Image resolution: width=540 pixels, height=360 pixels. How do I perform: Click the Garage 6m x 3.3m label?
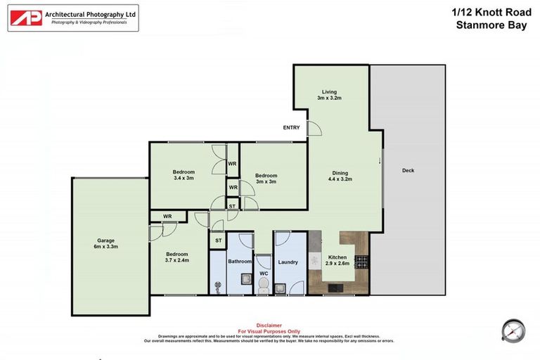click(105, 243)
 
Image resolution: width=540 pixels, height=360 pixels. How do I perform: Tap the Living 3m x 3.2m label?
click(329, 95)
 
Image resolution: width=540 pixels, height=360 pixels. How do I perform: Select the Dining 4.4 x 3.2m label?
click(340, 176)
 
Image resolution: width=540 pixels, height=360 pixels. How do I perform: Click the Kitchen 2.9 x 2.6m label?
click(338, 259)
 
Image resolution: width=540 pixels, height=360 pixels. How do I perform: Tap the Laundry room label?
click(288, 262)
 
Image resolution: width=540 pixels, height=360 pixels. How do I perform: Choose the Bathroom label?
click(240, 262)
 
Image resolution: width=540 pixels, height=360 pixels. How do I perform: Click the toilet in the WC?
click(264, 284)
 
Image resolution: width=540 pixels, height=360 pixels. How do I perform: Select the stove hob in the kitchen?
click(361, 262)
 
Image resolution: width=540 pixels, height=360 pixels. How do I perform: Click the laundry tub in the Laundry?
click(281, 287)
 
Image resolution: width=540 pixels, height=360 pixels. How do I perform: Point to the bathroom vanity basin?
click(247, 279)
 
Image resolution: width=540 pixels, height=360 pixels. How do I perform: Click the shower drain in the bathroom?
click(217, 286)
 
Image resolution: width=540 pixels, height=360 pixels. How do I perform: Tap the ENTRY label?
click(291, 128)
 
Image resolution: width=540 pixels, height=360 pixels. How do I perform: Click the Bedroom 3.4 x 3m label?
click(184, 175)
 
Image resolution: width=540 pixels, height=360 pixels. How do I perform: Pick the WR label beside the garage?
click(167, 216)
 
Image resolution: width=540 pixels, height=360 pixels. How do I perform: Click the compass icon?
click(513, 330)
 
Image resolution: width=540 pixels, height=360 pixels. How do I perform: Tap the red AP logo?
click(26, 18)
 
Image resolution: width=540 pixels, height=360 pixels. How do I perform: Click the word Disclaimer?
click(269, 326)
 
